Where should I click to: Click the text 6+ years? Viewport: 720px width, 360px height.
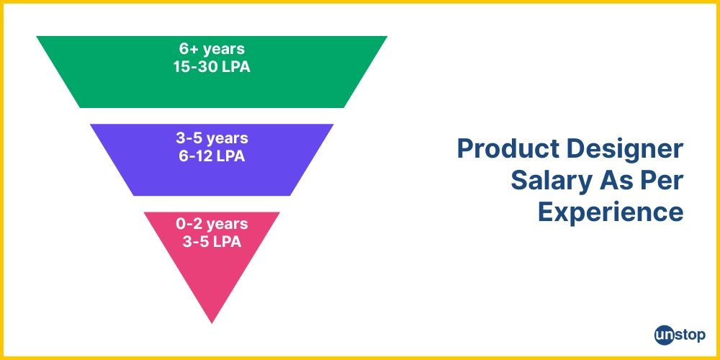click(x=212, y=50)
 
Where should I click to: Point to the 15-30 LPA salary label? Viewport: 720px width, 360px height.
click(x=212, y=67)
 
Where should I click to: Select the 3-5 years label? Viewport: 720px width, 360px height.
click(x=212, y=138)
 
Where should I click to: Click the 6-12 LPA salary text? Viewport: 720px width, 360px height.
click(x=212, y=155)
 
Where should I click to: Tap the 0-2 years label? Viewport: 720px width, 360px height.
click(x=212, y=224)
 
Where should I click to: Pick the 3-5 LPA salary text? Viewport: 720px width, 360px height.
click(x=212, y=241)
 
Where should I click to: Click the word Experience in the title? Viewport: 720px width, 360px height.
click(x=611, y=212)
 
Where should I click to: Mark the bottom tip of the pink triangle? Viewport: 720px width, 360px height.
click(x=212, y=322)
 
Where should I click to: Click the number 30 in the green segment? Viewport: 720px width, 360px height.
click(x=214, y=67)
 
